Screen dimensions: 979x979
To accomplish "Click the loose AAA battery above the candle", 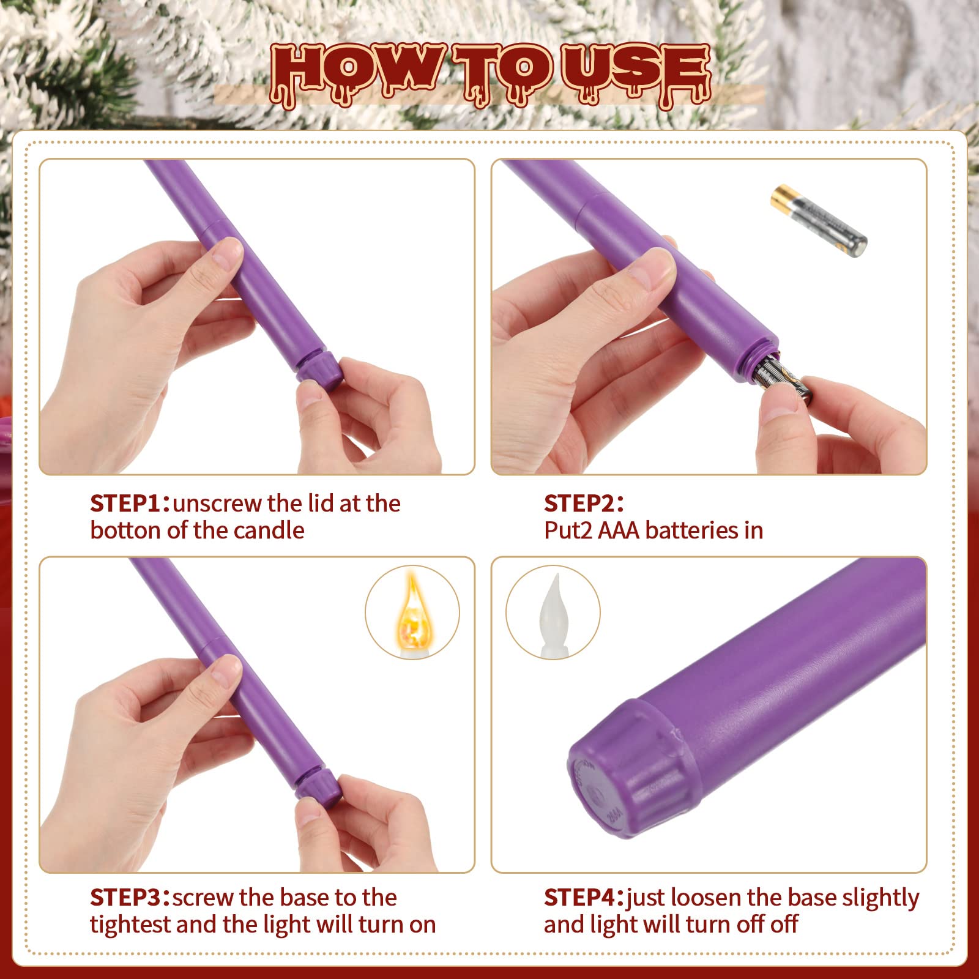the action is pos(819,221).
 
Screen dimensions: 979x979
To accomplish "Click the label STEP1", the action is pos(126,504).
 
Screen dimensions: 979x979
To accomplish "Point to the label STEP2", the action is pos(579,504).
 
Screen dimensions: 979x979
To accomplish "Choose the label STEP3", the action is pos(126,898).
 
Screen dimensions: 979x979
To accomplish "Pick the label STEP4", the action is pos(580,898).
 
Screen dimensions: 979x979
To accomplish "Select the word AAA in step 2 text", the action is pos(619,530).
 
